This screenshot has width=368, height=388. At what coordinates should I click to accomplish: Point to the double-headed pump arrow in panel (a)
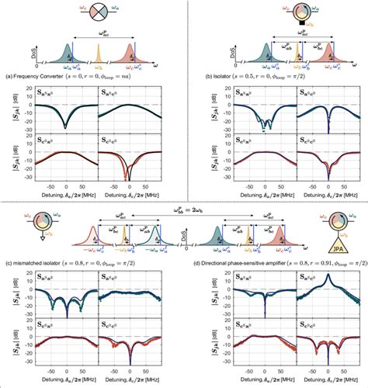[x=101, y=36]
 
